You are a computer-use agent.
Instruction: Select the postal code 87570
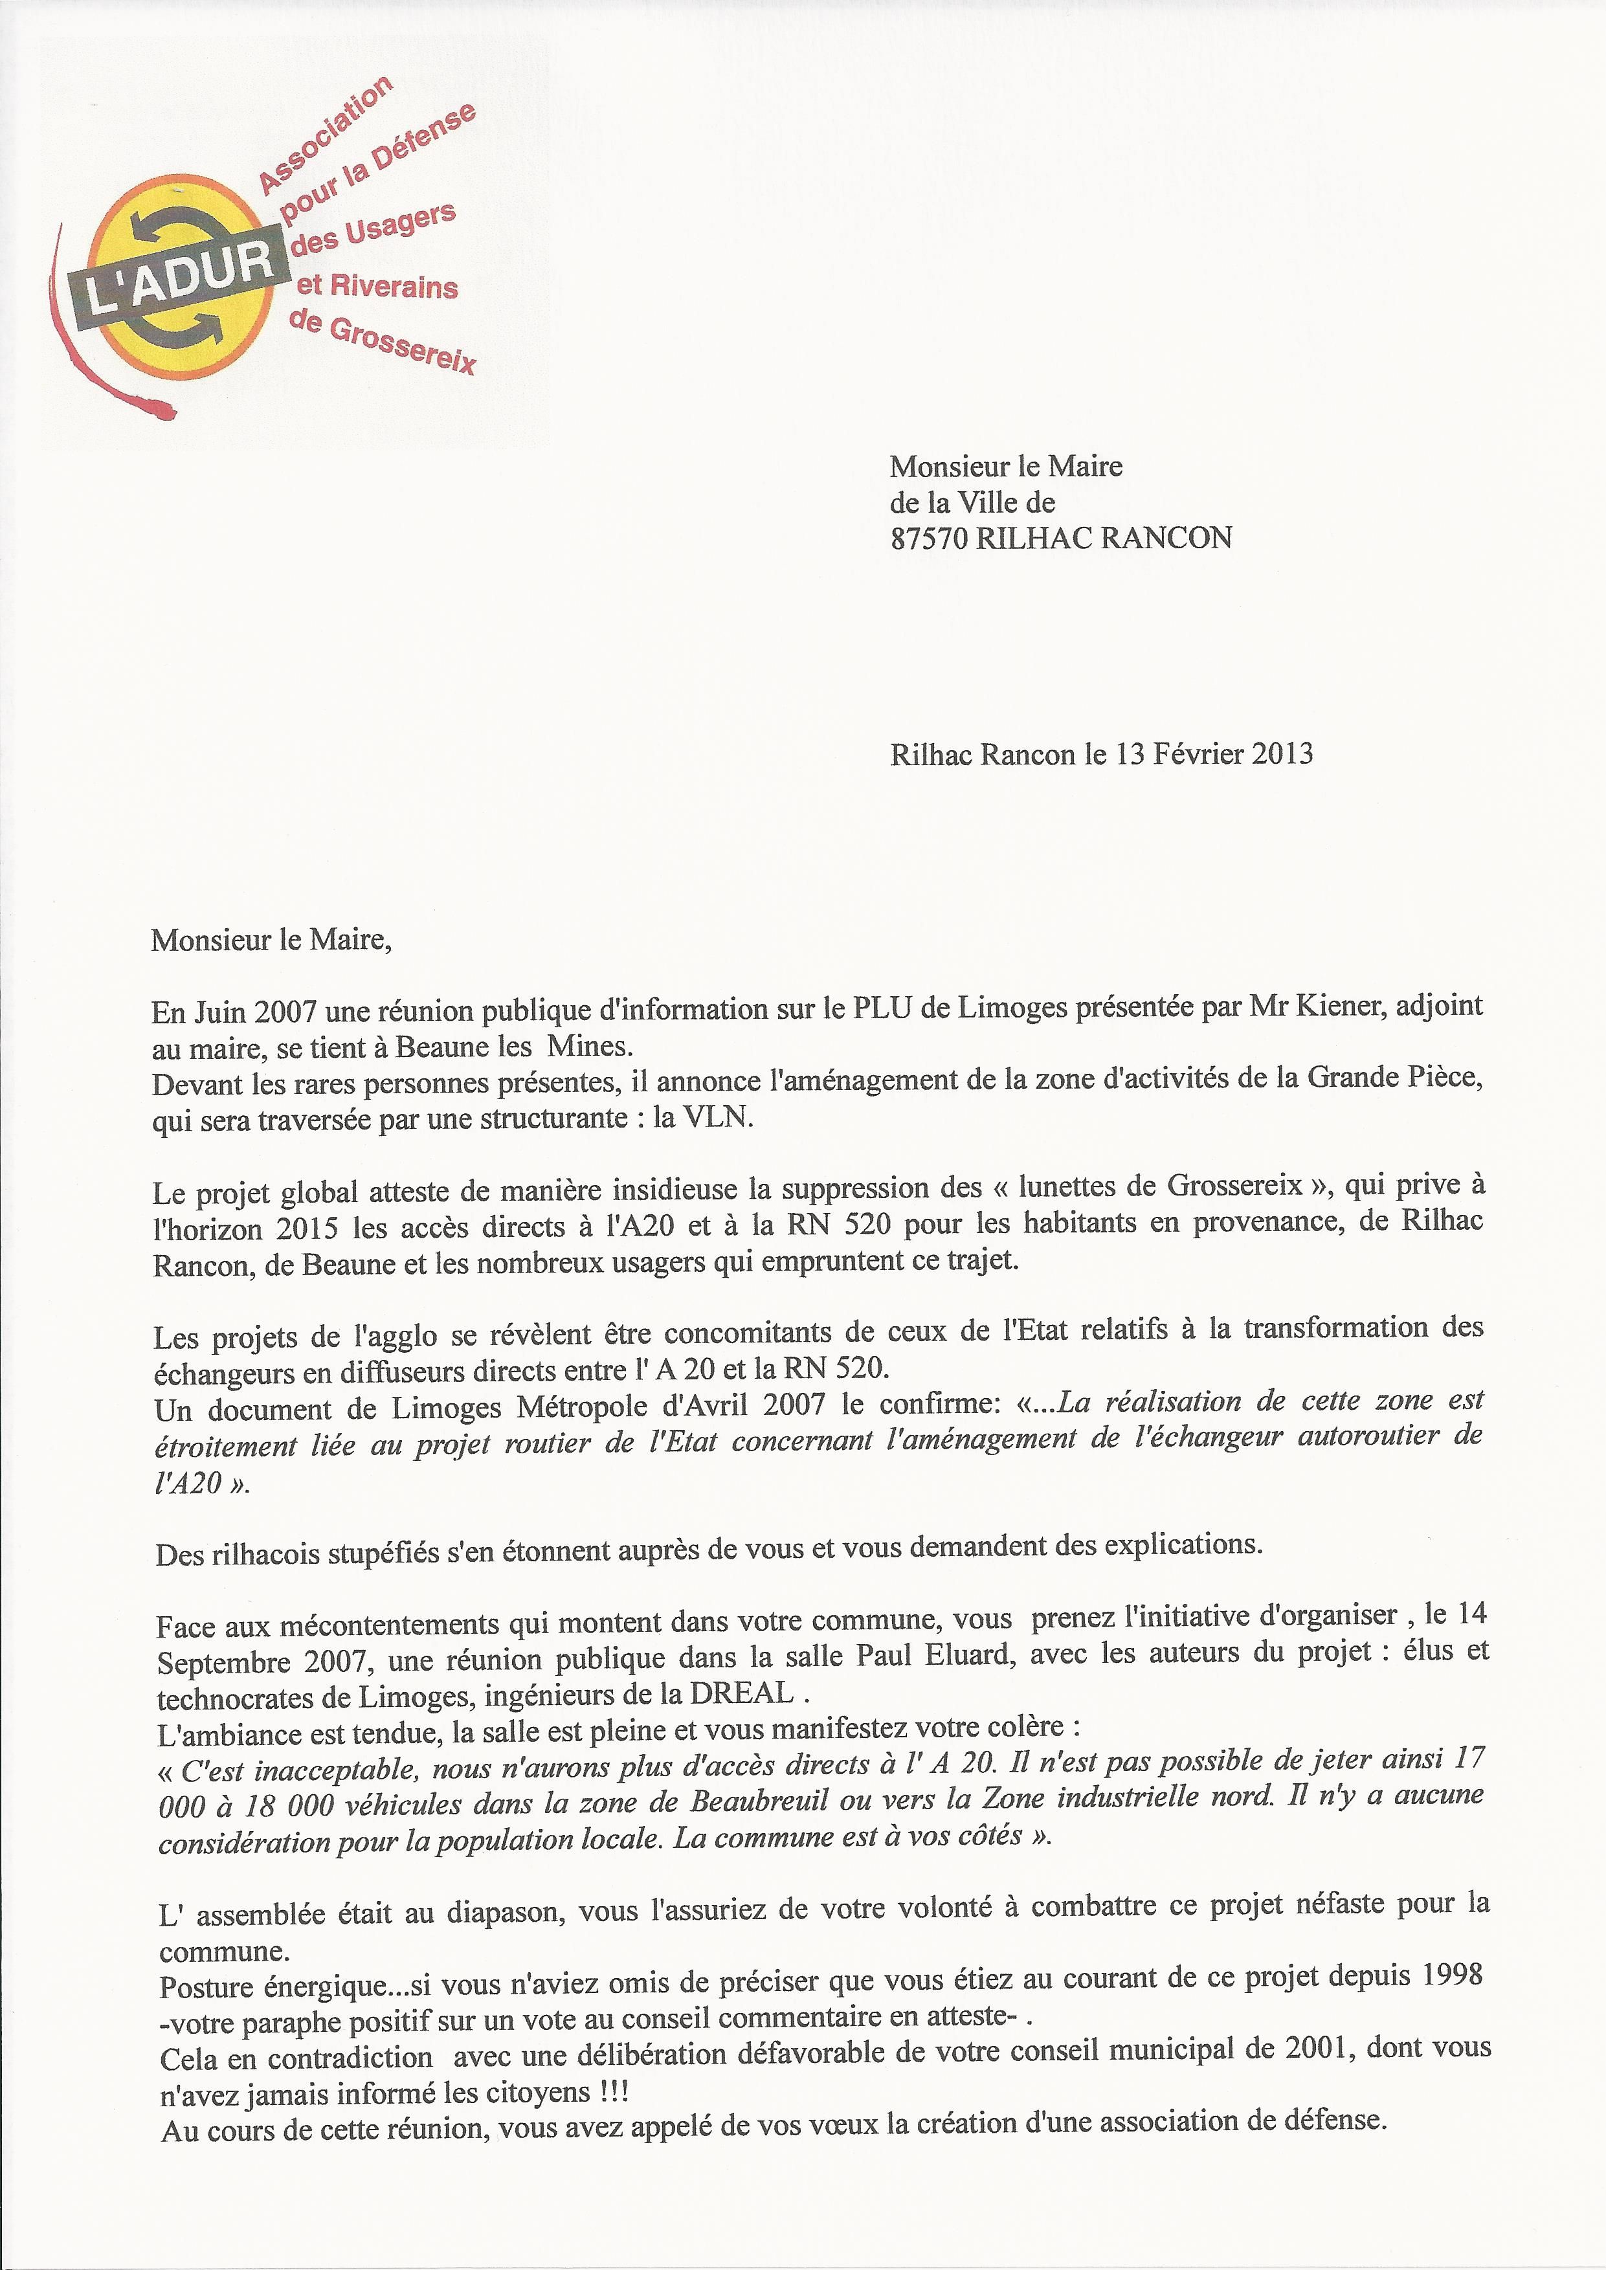tap(929, 538)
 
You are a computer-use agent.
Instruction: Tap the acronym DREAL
tap(744, 1694)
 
